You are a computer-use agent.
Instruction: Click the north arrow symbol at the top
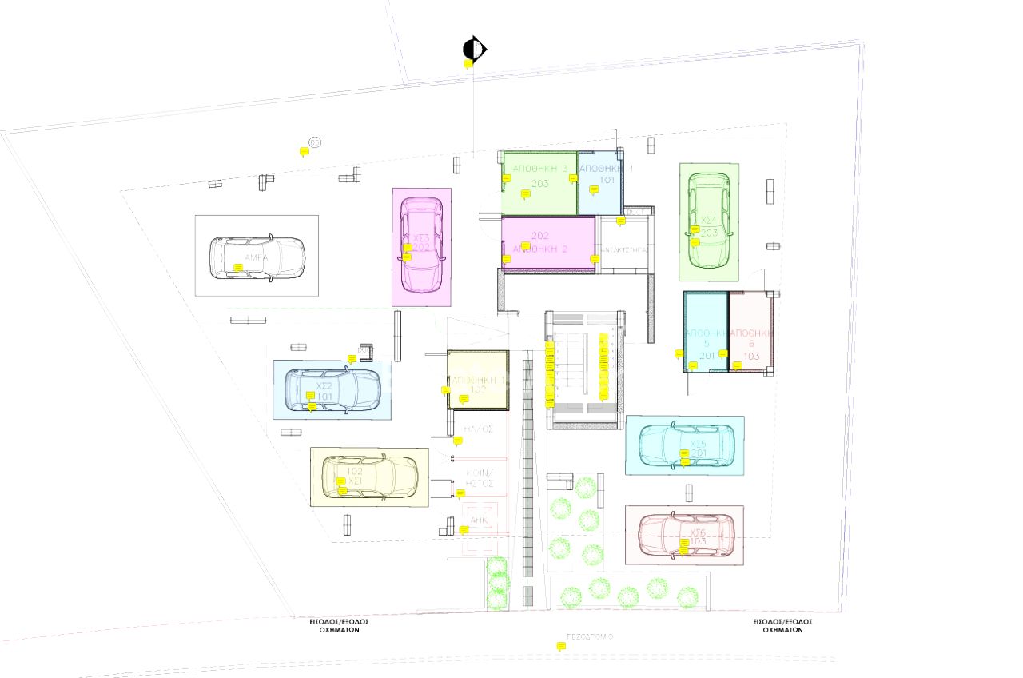474,50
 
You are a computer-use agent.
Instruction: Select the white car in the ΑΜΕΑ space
257,257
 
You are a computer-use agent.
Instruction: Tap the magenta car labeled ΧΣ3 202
421,245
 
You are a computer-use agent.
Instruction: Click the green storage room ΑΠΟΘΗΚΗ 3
539,183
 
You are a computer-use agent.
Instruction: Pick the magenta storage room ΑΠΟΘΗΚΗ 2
548,245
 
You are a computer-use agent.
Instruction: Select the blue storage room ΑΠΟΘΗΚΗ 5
706,331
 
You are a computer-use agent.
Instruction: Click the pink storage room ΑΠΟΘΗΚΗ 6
752,331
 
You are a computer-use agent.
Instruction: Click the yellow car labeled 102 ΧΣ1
369,477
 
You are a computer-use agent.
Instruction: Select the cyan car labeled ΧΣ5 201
687,445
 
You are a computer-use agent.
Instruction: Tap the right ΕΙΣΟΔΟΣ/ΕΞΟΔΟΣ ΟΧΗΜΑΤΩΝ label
782,625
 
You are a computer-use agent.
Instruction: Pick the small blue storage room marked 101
600,182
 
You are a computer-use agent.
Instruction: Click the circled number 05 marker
315,142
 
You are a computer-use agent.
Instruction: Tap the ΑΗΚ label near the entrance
479,519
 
